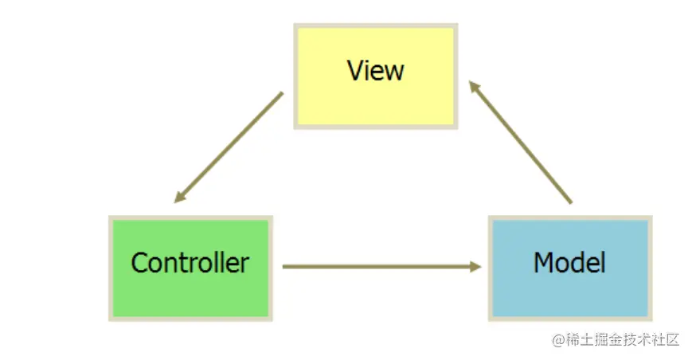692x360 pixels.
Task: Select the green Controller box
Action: [x=190, y=268]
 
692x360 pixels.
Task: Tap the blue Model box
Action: [x=570, y=268]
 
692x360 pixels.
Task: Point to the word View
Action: [x=376, y=71]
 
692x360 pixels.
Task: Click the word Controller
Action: [x=190, y=262]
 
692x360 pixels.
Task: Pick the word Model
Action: [x=570, y=262]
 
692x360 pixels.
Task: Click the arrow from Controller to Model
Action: [x=382, y=267]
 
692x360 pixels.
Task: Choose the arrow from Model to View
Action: [x=520, y=141]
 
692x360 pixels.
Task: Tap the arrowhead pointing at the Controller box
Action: [x=180, y=197]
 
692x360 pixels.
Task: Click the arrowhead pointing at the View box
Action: [x=473, y=85]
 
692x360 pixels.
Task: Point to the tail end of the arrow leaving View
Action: [x=280, y=95]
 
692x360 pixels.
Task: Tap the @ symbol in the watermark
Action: [x=557, y=340]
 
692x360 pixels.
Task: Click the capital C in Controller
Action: [x=139, y=262]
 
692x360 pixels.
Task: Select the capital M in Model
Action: [x=544, y=262]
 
